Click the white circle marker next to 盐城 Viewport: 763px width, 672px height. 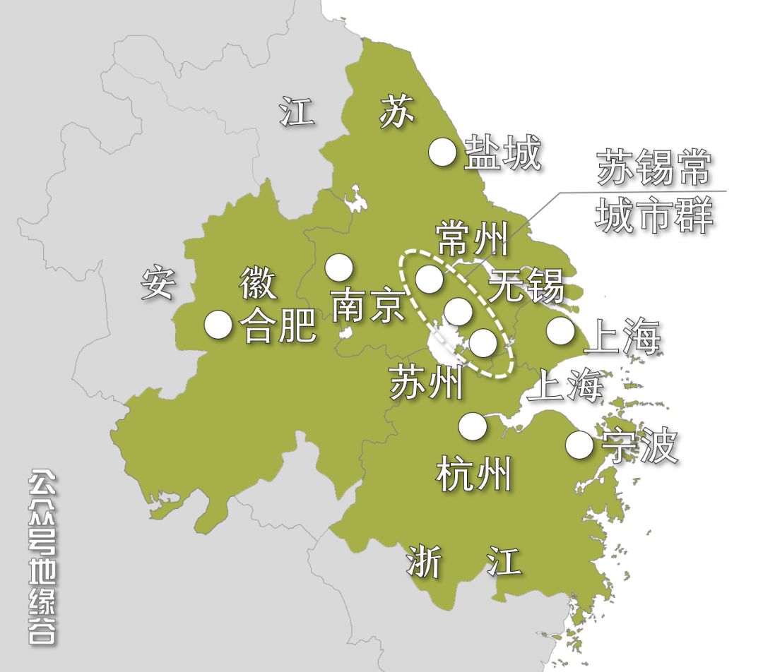pos(444,152)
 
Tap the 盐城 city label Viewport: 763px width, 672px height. pos(502,154)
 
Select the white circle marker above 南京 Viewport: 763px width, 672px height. pos(339,267)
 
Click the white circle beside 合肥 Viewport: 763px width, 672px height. pos(218,325)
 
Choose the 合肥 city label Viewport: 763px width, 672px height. pos(278,326)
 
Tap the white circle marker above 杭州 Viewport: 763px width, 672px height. pos(473,426)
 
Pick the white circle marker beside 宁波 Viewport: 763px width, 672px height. pos(579,444)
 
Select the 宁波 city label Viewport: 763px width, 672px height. pos(639,446)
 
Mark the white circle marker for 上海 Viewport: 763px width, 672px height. pos(560,330)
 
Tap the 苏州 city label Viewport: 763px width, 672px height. pos(427,383)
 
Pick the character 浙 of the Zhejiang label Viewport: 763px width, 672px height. pos(424,563)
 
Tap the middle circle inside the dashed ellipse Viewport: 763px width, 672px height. pos(458,311)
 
